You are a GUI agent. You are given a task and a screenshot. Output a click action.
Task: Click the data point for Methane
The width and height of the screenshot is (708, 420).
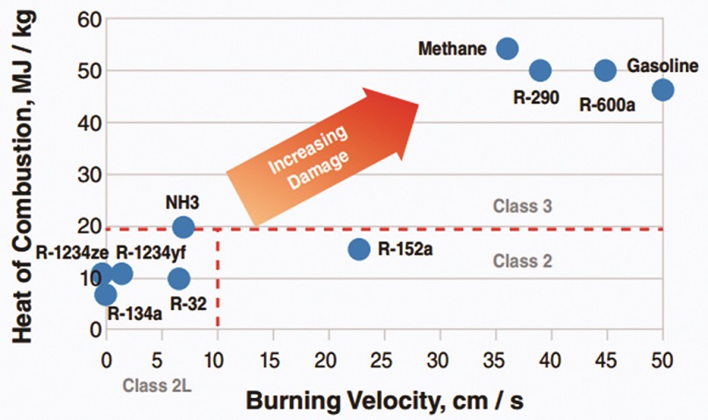coord(507,48)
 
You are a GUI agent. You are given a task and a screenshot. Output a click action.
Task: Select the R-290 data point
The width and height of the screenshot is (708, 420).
coord(540,70)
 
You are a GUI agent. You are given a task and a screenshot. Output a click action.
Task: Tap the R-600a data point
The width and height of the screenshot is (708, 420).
coord(605,70)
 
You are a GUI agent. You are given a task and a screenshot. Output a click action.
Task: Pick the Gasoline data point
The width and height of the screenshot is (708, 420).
coord(662,89)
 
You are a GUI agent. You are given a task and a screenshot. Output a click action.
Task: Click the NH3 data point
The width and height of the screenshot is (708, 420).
coord(182,227)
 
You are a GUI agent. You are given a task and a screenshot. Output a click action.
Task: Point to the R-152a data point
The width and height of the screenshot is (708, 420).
coord(359,249)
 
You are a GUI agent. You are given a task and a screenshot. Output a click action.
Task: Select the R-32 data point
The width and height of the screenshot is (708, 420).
coord(179,279)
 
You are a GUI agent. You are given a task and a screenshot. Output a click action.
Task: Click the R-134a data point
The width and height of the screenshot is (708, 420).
coord(105,295)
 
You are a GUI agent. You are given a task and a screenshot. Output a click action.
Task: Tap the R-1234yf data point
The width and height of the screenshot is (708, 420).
coord(122,274)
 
